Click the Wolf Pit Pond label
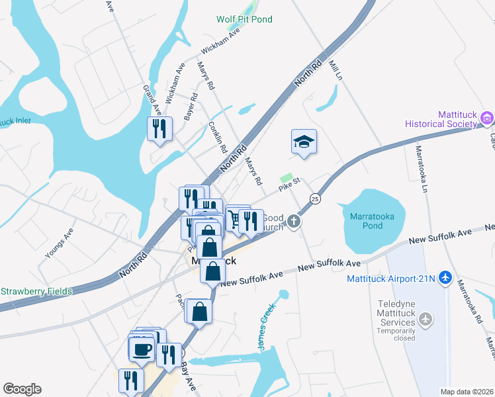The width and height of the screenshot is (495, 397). (244, 20)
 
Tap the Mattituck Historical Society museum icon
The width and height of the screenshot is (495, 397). (487, 119)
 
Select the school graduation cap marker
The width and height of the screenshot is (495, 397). (304, 142)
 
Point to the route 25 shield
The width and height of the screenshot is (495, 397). (315, 199)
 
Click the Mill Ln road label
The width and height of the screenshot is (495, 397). (336, 71)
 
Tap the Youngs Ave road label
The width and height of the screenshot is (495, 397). (58, 244)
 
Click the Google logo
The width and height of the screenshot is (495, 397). (22, 389)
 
